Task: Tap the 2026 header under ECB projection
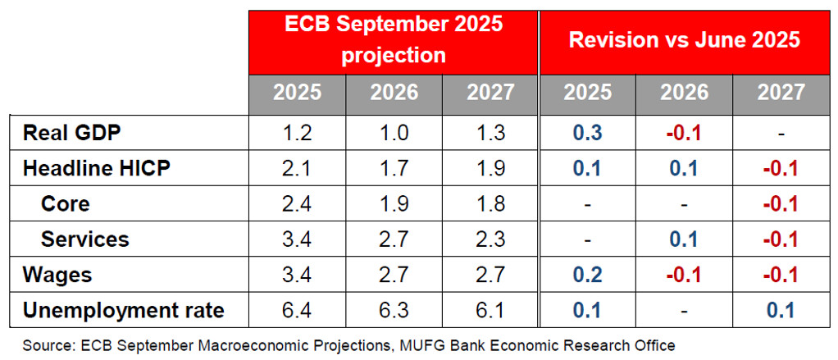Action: [394, 93]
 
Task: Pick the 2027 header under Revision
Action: [781, 93]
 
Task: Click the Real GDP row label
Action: [73, 133]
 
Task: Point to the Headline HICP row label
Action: [96, 168]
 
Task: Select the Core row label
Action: [65, 203]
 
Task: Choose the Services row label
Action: [85, 239]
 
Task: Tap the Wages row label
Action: [57, 275]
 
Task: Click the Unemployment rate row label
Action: [124, 310]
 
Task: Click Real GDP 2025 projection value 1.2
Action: [297, 133]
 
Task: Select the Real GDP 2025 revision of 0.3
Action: [588, 133]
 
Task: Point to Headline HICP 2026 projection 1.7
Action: [394, 168]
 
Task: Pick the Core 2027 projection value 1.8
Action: [490, 203]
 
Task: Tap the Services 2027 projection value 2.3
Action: [490, 239]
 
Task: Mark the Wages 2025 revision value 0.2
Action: [588, 275]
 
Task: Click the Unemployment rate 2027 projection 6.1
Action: [490, 310]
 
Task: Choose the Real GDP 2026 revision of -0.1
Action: [685, 133]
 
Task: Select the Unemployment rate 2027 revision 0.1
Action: [781, 310]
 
